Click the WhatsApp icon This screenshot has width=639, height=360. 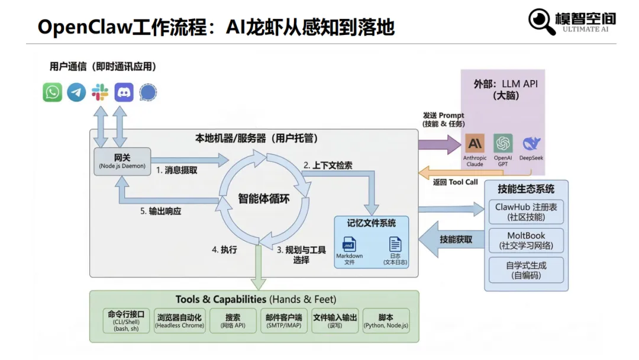click(x=53, y=92)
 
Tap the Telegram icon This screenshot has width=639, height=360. click(x=76, y=92)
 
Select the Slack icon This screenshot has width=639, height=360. click(x=100, y=92)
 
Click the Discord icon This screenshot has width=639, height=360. click(x=124, y=92)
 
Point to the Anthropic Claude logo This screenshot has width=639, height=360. click(x=475, y=143)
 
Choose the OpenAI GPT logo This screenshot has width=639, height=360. click(x=503, y=143)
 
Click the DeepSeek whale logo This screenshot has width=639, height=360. click(x=531, y=143)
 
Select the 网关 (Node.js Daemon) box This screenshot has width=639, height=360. click(x=122, y=161)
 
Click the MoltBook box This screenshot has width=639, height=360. click(x=526, y=240)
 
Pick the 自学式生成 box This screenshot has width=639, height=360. click(x=526, y=270)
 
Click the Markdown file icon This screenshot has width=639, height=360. click(x=349, y=243)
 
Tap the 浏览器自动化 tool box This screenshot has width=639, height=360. click(x=179, y=320)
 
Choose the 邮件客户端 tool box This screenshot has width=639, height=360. click(x=284, y=320)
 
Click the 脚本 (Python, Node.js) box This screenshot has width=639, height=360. click(x=386, y=320)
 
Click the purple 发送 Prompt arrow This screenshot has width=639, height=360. click(x=438, y=144)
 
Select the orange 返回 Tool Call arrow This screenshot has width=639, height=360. click(x=438, y=172)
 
